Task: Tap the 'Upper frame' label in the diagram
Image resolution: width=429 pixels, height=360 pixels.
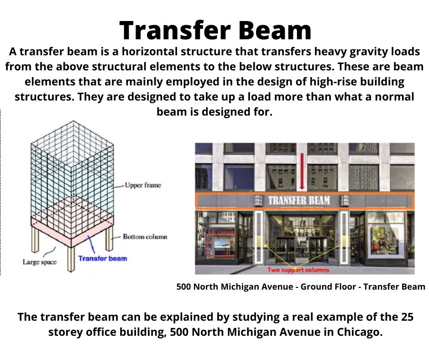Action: point(143,185)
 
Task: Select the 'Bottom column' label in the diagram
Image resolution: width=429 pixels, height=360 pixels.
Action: point(145,237)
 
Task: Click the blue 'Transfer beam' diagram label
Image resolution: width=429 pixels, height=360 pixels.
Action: point(102,259)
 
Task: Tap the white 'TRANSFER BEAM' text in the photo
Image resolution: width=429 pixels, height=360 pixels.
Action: point(299,200)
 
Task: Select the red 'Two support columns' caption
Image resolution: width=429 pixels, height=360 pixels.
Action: point(298,270)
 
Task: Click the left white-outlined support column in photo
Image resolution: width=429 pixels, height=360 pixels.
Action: point(259,237)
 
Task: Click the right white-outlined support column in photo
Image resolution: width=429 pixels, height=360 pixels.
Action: point(344,237)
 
